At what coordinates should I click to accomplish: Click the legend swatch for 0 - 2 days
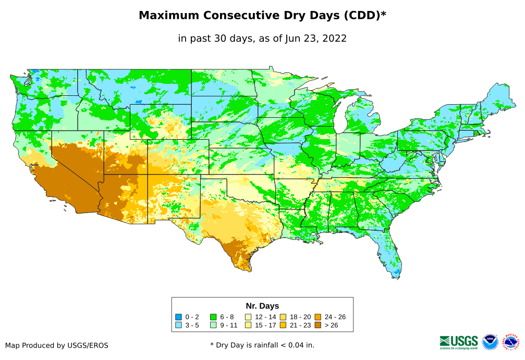tap(179, 317)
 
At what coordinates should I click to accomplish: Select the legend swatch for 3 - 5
tap(179, 325)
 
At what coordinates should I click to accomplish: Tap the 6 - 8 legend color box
tap(213, 317)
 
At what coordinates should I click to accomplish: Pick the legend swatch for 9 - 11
tap(213, 325)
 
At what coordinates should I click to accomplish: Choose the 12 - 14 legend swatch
tap(248, 317)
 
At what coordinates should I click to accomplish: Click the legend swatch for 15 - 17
tap(248, 325)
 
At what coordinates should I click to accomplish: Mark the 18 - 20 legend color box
tap(283, 317)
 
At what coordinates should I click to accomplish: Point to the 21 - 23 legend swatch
tap(283, 325)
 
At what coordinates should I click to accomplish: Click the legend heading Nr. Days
tap(262, 306)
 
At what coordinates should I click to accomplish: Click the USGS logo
tap(459, 342)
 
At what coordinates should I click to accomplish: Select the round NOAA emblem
tap(490, 342)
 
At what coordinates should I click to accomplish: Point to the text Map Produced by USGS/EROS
tap(57, 345)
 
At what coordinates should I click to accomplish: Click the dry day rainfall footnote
tap(262, 345)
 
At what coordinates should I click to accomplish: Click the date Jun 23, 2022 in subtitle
tap(316, 39)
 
